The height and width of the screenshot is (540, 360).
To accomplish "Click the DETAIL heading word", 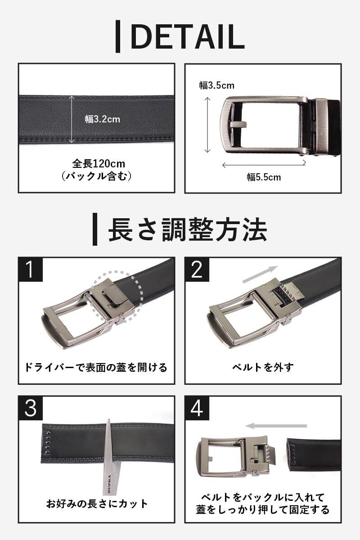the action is (188, 36).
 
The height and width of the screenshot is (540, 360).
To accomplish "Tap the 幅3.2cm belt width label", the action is (103, 119).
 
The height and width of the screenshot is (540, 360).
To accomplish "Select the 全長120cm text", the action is (99, 164).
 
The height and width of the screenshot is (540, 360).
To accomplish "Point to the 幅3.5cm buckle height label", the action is (216, 85).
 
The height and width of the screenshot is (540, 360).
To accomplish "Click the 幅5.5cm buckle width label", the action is (264, 177).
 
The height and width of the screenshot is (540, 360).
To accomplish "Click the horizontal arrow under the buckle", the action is (264, 165).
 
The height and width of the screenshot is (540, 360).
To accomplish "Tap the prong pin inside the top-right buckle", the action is (238, 124).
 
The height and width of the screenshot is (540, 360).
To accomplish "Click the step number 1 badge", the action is (31, 270).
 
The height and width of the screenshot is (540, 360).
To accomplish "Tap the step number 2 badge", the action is (197, 270).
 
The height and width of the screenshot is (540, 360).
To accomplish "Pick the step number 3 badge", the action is (31, 409).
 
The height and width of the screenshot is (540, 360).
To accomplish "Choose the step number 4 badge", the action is (197, 409).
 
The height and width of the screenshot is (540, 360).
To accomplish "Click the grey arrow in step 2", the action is (261, 274).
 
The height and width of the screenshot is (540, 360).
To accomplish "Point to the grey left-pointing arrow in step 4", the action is (276, 426).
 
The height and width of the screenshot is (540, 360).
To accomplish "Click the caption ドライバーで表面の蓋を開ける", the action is (96, 367).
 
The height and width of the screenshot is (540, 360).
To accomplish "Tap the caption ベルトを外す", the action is (263, 367).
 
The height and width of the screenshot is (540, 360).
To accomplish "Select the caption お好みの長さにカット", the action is (97, 504).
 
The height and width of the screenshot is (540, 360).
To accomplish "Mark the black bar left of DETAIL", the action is (117, 36).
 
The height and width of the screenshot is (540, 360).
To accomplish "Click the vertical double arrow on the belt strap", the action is (72, 119).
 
